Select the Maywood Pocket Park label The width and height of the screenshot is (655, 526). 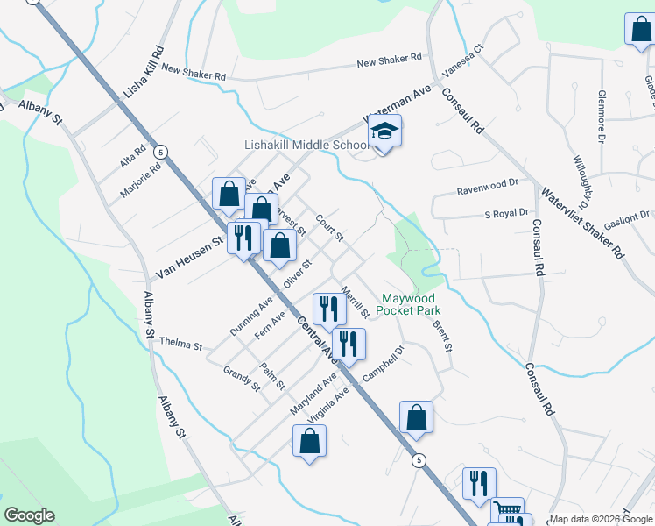pyautogui.click(x=408, y=304)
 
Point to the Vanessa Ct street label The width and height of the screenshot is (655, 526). pyautogui.click(x=464, y=60)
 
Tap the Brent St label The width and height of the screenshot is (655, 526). pyautogui.click(x=442, y=337)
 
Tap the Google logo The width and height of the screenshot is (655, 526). pyautogui.click(x=29, y=515)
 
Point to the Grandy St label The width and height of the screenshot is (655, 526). pyautogui.click(x=242, y=380)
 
